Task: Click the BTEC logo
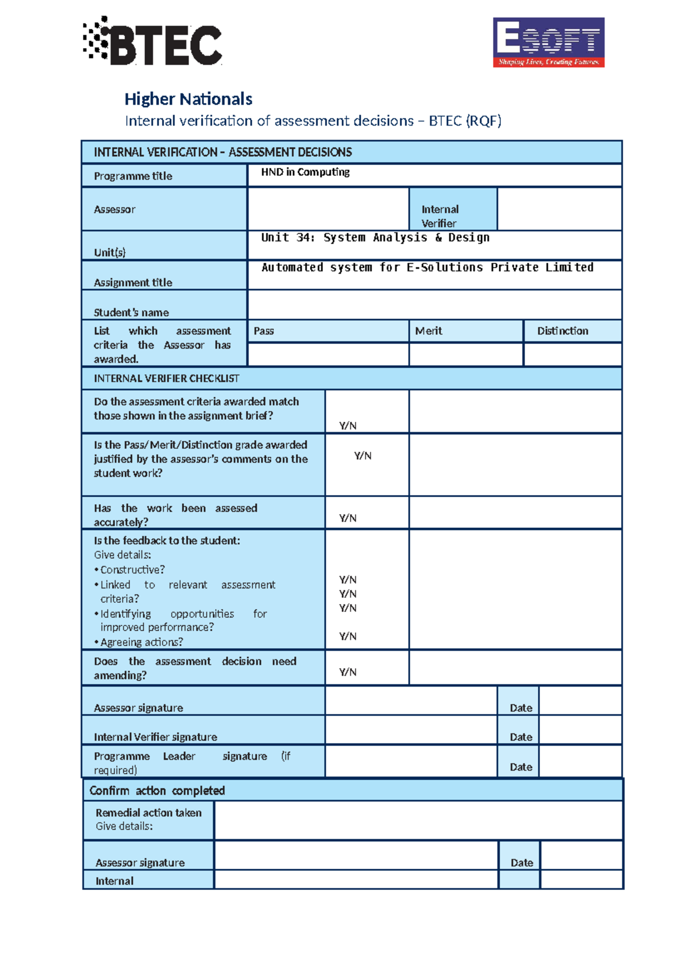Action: pos(152,41)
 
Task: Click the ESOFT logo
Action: pos(548,42)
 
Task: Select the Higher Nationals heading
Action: pos(188,99)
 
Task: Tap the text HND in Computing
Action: pos(305,172)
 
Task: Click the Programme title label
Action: pos(133,176)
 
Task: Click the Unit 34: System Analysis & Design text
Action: pos(375,237)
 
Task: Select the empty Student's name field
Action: pos(434,305)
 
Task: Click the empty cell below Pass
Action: pos(328,354)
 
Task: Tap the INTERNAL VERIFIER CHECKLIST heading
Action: pos(167,378)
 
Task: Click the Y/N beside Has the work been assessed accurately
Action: pos(348,518)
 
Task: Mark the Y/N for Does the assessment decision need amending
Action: pos(348,672)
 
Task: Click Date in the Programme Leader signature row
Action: pos(520,767)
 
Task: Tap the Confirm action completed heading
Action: pos(157,791)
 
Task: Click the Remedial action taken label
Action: pos(148,813)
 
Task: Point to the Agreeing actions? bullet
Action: pos(141,642)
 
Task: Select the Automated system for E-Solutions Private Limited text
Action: pos(427,267)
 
